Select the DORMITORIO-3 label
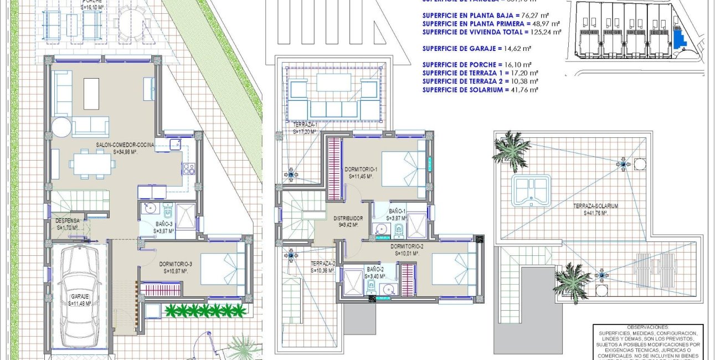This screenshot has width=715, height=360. tap(176, 264)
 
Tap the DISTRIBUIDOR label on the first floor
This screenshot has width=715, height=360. tap(348, 218)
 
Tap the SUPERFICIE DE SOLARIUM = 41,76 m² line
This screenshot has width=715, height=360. tap(479, 90)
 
